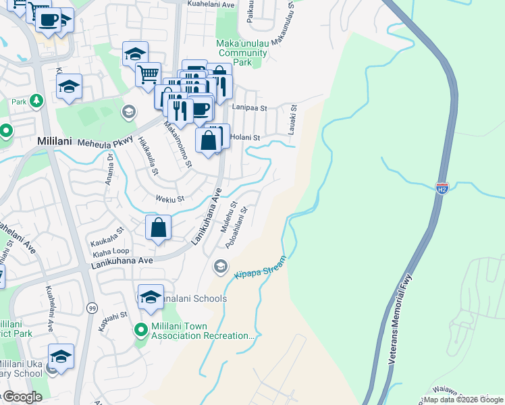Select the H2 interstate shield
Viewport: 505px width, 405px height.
pyautogui.click(x=442, y=187)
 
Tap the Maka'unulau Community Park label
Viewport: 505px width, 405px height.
pyautogui.click(x=242, y=53)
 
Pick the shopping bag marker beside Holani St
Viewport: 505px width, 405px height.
pyautogui.click(x=209, y=140)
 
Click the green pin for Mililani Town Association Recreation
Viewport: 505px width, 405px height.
pyautogui.click(x=141, y=330)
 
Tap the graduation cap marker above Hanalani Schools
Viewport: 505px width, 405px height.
pyautogui.click(x=151, y=296)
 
